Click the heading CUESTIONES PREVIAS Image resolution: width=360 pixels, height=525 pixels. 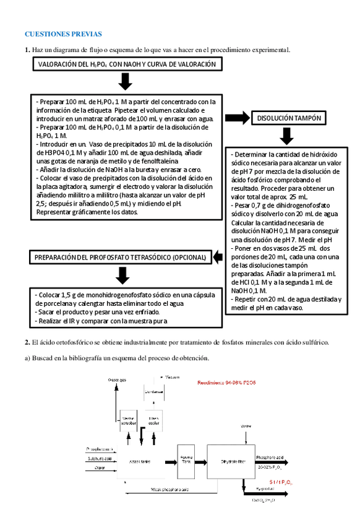coord(63,34)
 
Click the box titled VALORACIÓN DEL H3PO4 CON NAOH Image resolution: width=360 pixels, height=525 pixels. coord(127,64)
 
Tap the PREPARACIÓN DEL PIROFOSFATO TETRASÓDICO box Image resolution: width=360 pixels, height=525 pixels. coord(121,256)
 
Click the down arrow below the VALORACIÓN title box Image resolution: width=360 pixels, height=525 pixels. coord(126,81)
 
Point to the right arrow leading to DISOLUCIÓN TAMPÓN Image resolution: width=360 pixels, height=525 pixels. coord(236,117)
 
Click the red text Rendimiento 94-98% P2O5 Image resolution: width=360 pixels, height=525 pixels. coord(226,383)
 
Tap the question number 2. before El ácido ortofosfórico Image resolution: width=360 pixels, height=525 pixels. coord(27,342)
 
